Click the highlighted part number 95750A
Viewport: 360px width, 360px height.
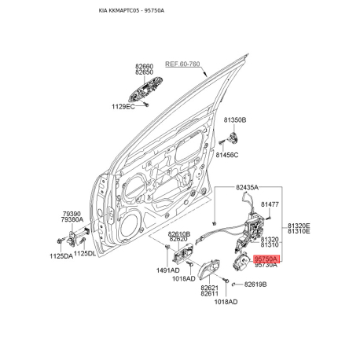tap(266, 259)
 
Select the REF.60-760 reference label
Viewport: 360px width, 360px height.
tap(182, 64)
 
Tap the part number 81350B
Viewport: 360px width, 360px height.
tap(235, 120)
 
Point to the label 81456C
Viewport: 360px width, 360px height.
tap(227, 155)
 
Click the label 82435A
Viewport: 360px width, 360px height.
tap(247, 187)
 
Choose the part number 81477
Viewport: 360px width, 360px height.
tap(270, 204)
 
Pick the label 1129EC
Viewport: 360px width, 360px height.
tap(123, 107)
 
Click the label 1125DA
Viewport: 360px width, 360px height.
tap(61, 256)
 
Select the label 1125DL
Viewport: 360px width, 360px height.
tap(85, 253)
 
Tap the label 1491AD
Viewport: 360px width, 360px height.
tap(168, 270)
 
